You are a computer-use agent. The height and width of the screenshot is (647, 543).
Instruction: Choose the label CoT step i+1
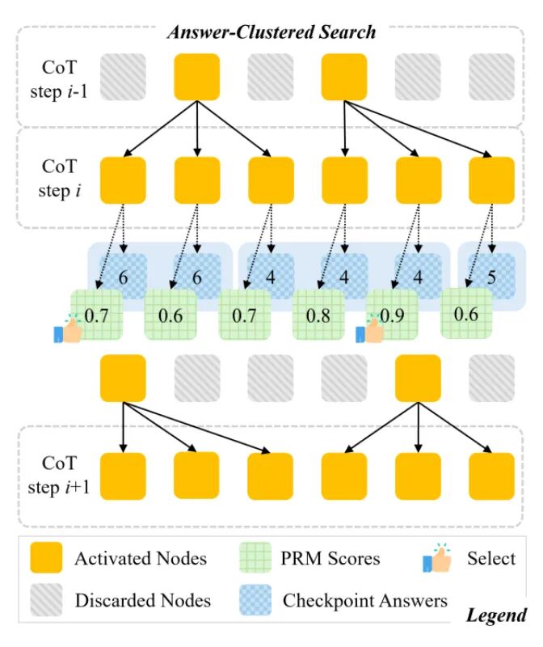click(59, 476)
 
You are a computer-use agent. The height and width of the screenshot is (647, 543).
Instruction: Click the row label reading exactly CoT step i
click(59, 179)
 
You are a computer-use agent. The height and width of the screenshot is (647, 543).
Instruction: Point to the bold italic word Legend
click(496, 616)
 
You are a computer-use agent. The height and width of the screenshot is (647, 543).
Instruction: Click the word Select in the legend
click(490, 558)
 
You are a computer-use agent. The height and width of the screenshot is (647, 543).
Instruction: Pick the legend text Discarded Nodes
click(143, 601)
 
